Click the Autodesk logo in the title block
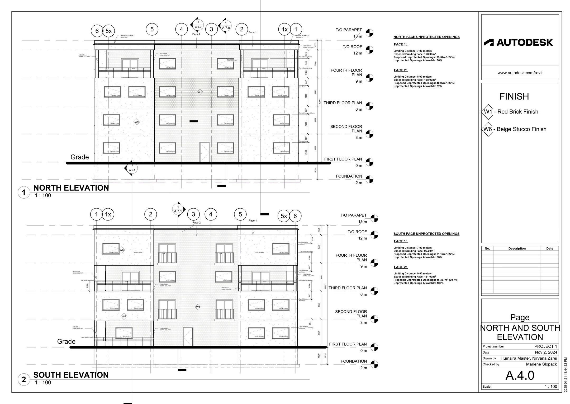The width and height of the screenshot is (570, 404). tap(518, 42)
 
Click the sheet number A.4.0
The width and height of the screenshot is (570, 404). tap(520, 375)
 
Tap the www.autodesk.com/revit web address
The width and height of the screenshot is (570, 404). tap(520, 73)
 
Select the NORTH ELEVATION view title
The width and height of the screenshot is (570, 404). tap(71, 188)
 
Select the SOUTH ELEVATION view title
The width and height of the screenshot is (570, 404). tap(71, 375)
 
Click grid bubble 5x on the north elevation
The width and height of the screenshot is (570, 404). tap(108, 31)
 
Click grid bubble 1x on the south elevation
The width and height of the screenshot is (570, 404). tap(108, 214)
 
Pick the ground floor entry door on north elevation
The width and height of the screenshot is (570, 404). tap(205, 152)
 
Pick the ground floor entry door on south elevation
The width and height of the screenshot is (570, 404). tap(188, 337)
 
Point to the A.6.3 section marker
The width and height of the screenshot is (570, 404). tap(197, 25)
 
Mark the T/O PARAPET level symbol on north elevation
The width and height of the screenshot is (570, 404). tap(369, 33)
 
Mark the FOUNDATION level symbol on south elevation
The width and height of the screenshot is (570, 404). tap(374, 364)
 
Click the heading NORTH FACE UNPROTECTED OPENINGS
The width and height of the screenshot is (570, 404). tap(426, 37)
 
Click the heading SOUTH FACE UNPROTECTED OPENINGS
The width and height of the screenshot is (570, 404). tap(426, 234)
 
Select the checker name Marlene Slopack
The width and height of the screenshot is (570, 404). tap(541, 364)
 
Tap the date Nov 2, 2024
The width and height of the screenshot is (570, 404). tap(546, 352)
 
